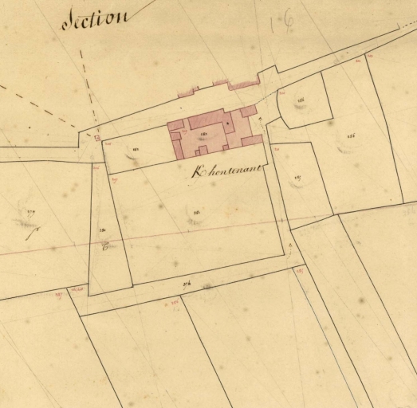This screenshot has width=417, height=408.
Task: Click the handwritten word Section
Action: coord(94,19)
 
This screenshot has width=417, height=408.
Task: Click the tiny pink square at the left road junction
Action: coord(97,138)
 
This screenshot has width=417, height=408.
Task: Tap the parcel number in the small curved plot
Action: coord(302,100)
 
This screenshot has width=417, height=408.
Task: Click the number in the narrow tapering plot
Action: coord(103,229)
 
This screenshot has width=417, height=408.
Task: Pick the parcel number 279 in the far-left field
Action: coord(32,211)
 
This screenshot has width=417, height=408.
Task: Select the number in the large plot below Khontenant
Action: coord(196,212)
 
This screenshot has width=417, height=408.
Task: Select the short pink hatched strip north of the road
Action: coord(187,93)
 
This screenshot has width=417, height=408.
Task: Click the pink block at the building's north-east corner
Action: coord(249,111)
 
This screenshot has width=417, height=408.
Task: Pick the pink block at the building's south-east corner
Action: coord(251,141)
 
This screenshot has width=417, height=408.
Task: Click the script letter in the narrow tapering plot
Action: coord(104,247)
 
